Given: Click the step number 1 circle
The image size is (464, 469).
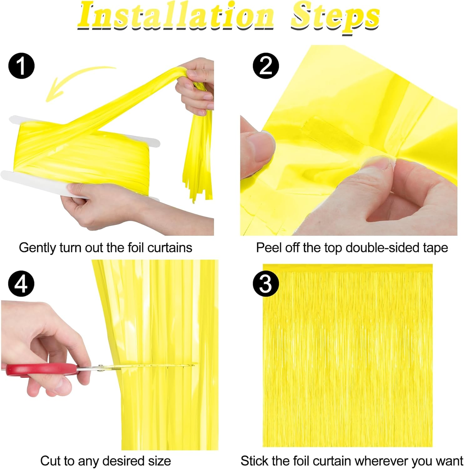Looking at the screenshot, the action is (x=21, y=66).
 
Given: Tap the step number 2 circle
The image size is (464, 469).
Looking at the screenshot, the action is (x=266, y=66).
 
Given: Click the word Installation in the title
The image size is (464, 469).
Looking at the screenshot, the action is (x=175, y=16).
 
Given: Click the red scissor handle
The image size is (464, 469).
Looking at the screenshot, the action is (x=41, y=370).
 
